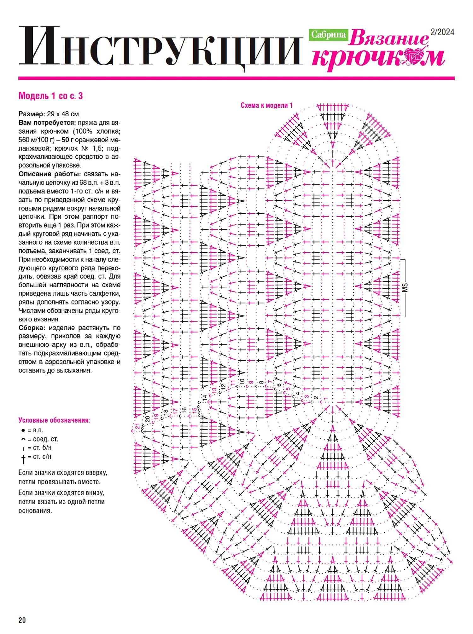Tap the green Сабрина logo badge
328,35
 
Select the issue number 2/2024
442,32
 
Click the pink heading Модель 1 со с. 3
50,96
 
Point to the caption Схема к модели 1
266,105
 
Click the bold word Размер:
32,114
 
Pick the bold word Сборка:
32,328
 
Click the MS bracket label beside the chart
405,287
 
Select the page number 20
22,620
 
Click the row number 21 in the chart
137,427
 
